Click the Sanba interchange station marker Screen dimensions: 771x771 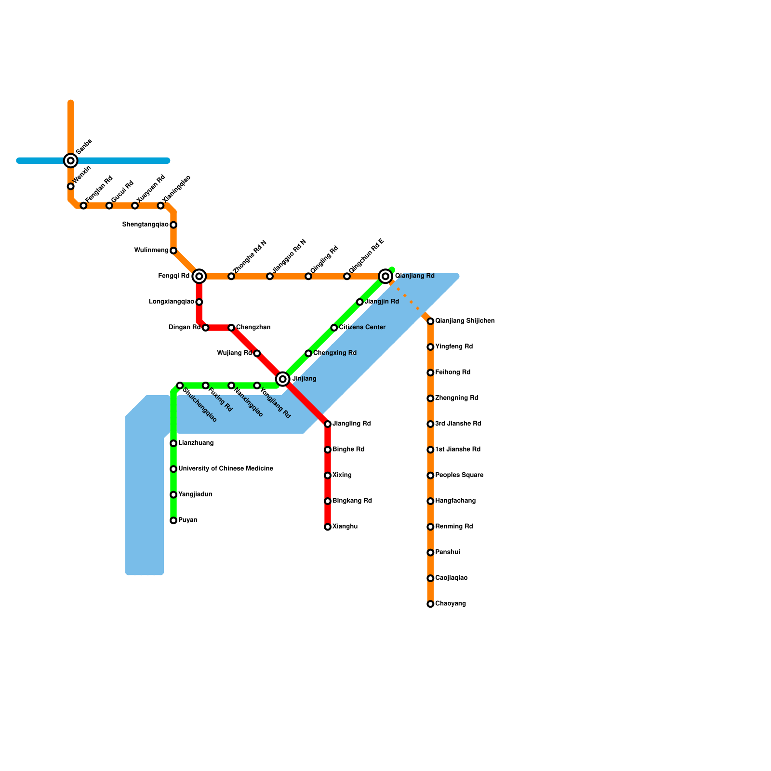(x=71, y=160)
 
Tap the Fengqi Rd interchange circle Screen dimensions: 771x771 (x=199, y=276)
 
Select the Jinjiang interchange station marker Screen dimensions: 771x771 (x=283, y=379)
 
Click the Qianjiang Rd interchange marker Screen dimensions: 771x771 (x=385, y=276)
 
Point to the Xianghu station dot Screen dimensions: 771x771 (x=328, y=527)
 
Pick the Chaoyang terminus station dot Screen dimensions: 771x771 (x=430, y=604)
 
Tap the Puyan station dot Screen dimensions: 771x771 (x=173, y=520)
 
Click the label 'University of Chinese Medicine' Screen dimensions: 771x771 (x=226, y=469)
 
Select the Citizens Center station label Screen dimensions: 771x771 (x=362, y=328)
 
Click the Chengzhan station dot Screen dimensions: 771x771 (x=231, y=328)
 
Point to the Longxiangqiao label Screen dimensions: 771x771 (x=171, y=302)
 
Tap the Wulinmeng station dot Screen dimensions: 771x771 (x=173, y=251)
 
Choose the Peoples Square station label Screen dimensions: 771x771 (x=459, y=475)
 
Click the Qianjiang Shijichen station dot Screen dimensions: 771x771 (x=430, y=321)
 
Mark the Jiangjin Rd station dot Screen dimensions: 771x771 (x=360, y=302)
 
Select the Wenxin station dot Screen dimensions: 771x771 (x=71, y=186)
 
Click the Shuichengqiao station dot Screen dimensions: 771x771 (x=180, y=385)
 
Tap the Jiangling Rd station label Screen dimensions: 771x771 (x=351, y=424)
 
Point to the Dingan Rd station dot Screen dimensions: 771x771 (x=206, y=328)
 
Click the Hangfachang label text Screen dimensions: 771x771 (x=455, y=501)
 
